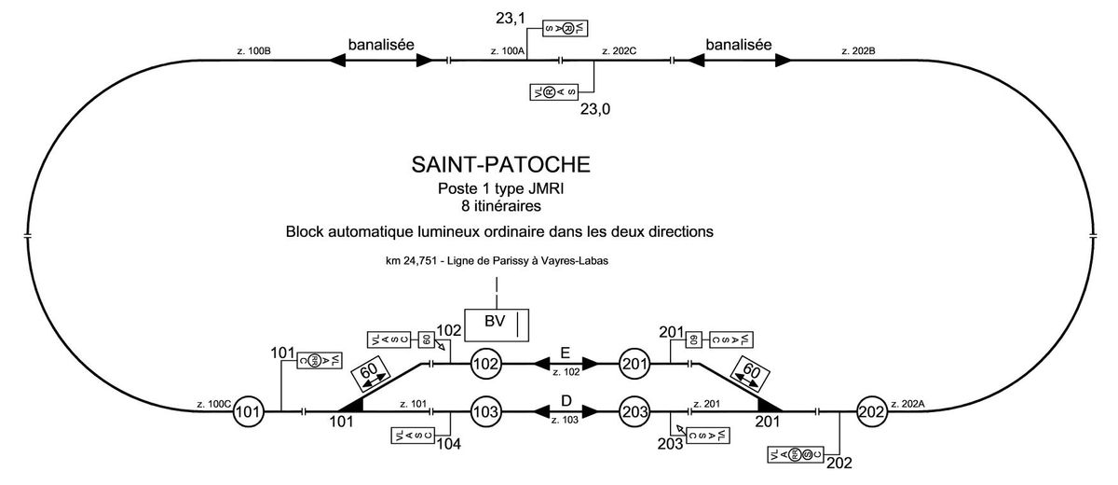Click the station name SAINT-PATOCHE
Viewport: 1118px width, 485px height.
coord(500,165)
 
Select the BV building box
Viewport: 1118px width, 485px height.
coord(498,323)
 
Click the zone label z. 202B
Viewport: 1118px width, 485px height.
coord(857,50)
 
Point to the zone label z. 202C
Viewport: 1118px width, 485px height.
coord(618,50)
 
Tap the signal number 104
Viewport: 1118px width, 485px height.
coord(448,444)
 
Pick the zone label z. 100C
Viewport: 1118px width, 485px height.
coord(213,404)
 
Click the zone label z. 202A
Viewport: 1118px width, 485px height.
coord(907,404)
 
